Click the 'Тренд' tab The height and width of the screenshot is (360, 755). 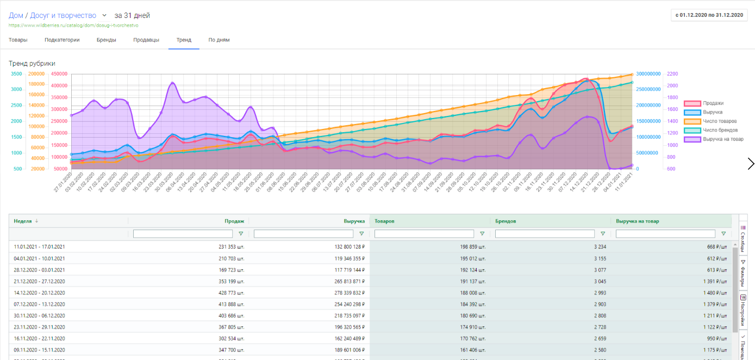pos(184,40)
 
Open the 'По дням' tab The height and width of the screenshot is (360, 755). pos(219,40)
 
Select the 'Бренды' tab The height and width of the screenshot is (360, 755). pos(107,40)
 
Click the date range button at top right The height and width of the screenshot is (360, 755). pos(709,15)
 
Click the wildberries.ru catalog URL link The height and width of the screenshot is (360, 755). pos(73,26)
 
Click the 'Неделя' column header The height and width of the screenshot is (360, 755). pos(23,221)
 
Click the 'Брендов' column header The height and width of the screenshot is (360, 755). pos(506,221)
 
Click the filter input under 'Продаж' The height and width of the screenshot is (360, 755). pos(184,234)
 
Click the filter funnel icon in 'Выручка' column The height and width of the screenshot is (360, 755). pos(361,234)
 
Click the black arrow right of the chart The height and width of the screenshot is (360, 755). pos(751,164)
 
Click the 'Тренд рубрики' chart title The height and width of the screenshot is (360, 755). pos(32,64)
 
